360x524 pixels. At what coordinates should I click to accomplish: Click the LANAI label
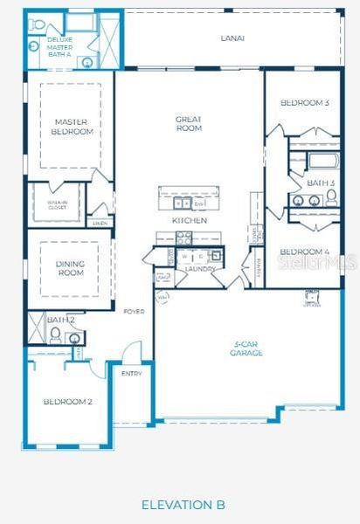click(232, 38)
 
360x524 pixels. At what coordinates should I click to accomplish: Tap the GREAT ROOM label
click(189, 123)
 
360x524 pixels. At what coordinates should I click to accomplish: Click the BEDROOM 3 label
click(304, 103)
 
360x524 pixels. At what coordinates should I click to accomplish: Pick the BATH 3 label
click(321, 183)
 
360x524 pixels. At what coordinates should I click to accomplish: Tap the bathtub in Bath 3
click(322, 161)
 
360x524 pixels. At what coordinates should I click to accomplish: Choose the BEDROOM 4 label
click(304, 252)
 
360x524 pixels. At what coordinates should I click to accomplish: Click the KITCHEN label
click(190, 221)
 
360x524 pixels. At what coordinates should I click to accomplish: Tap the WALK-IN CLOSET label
click(57, 204)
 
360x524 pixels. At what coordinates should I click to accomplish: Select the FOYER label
click(134, 311)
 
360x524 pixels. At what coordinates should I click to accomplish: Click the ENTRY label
click(132, 373)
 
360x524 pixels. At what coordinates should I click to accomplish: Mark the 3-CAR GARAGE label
click(246, 349)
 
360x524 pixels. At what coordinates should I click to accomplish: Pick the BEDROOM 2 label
click(67, 402)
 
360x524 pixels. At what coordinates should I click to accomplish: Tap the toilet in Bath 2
click(54, 334)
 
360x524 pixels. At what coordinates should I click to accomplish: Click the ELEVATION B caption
click(183, 505)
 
